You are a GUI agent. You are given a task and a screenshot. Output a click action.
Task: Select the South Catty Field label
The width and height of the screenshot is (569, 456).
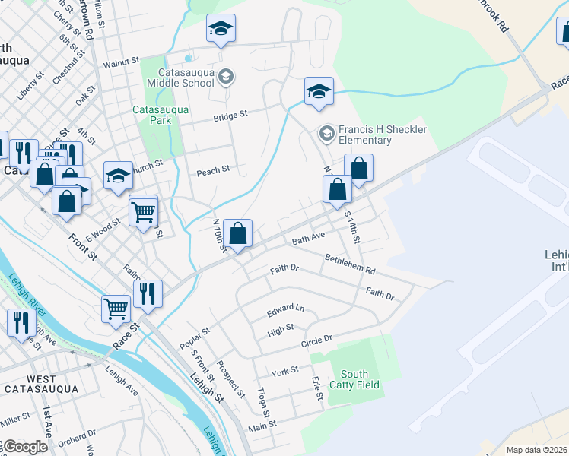click(354, 379)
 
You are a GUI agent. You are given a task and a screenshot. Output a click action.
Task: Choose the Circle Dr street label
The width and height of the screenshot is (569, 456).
click(316, 340)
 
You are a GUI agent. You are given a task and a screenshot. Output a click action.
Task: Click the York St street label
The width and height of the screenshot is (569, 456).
click(284, 372)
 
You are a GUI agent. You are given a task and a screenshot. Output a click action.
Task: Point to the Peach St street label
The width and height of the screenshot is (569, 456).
click(213, 170)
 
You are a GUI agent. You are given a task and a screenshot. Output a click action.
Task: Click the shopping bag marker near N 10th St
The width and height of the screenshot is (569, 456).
click(238, 233)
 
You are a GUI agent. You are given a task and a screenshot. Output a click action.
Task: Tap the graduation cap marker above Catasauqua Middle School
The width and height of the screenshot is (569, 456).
click(221, 29)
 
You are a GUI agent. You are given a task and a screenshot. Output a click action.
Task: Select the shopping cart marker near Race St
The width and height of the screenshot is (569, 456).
click(116, 309)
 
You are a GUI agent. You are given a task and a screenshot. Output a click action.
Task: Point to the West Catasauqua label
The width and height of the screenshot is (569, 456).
click(41, 384)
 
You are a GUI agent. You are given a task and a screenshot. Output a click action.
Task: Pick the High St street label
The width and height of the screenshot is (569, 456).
click(281, 330)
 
